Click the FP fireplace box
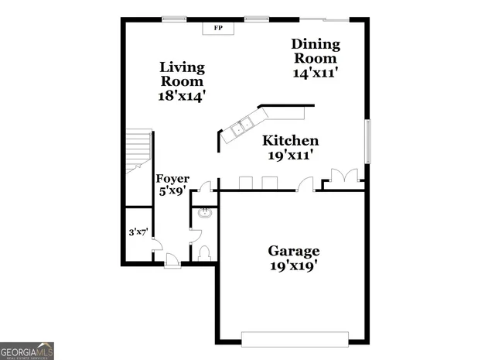[218, 28]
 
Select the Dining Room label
[314, 50]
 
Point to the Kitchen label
[290, 141]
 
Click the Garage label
[294, 251]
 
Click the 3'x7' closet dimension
[138, 231]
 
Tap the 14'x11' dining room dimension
[315, 73]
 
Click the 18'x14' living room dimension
[182, 95]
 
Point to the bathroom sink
[204, 214]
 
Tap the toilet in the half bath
[203, 252]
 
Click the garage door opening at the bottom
[295, 338]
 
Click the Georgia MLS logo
[26, 350]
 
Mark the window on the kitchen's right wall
[367, 142]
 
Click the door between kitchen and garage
[306, 184]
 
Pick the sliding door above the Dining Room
[323, 18]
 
